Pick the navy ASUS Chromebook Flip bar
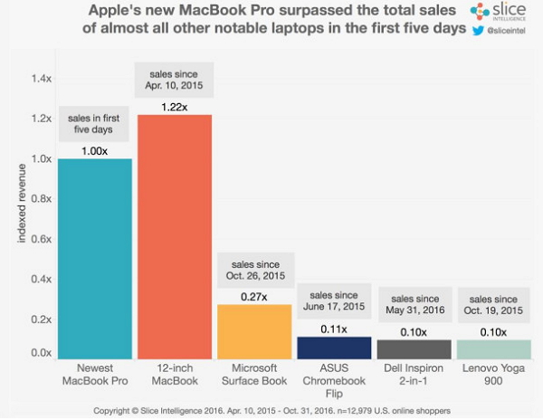pos(334,348)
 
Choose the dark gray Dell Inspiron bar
pos(414,349)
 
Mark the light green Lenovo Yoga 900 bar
pos(493,349)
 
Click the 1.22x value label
pos(175,105)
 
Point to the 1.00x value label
pos(95,149)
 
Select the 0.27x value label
pos(254,295)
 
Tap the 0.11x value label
pos(334,327)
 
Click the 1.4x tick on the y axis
pos(42,80)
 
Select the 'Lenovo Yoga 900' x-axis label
pos(493,375)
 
